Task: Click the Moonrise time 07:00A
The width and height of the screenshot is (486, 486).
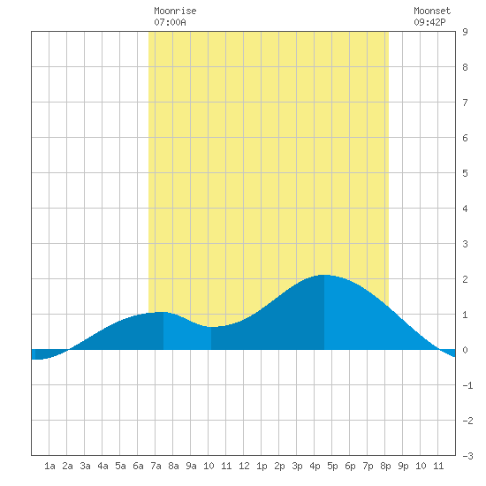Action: click(170, 22)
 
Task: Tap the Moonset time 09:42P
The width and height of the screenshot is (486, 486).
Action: click(429, 22)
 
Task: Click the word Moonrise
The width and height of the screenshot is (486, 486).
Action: click(175, 11)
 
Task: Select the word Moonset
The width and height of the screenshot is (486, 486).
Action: click(432, 11)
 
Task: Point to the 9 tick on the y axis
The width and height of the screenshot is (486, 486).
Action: click(465, 32)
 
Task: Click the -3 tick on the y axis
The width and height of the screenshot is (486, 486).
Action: click(467, 456)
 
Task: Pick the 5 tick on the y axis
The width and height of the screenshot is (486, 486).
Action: click(465, 173)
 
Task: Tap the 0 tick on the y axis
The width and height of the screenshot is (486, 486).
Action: click(465, 350)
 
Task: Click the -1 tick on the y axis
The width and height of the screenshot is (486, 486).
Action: click(467, 385)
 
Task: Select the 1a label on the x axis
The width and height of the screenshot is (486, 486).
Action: click(49, 466)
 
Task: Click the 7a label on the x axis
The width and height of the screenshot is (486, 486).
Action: click(156, 466)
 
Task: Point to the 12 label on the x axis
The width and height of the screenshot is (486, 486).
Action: click(244, 466)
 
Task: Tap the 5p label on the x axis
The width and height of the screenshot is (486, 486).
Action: click(332, 466)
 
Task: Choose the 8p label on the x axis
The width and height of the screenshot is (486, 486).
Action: click(385, 466)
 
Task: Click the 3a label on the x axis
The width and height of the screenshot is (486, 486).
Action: click(85, 466)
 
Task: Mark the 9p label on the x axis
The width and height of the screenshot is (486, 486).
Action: click(403, 466)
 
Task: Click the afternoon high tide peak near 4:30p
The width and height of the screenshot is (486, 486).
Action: click(323, 275)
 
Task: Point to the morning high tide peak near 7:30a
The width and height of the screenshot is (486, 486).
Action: click(163, 312)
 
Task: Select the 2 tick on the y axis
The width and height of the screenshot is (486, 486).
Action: click(465, 279)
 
